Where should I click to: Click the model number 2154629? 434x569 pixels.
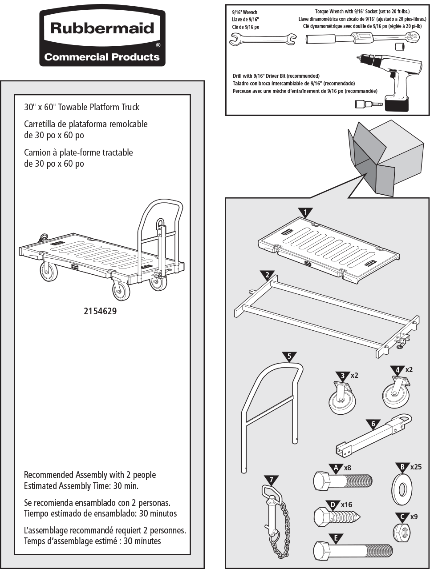(x=100, y=311)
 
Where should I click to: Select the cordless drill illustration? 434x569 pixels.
(x=392, y=80)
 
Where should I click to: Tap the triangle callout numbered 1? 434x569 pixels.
(x=305, y=212)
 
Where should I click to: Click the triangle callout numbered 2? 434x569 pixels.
(x=267, y=274)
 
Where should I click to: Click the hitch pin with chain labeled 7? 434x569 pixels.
(x=274, y=516)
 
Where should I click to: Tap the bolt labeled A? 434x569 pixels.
(x=343, y=481)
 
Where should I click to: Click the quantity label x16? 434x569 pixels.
(x=346, y=505)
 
